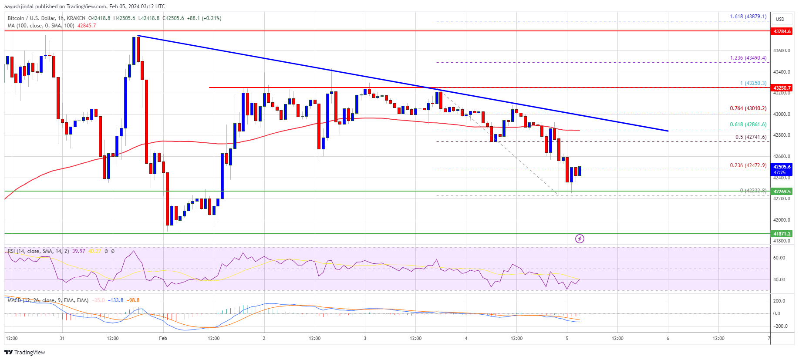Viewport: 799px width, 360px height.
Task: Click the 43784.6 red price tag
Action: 782,31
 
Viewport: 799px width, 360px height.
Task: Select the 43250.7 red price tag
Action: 782,88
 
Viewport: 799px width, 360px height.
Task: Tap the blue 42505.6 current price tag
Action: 782,167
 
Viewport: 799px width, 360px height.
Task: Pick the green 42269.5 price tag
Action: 782,192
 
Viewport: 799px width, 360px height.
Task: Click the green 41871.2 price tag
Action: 782,234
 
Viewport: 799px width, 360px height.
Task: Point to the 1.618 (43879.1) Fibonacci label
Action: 748,17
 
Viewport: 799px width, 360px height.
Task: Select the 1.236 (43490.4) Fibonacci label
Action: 748,58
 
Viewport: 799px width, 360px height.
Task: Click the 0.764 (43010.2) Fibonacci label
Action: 748,108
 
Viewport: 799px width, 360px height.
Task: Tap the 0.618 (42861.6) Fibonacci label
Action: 748,124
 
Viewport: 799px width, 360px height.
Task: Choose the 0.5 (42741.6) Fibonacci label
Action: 751,137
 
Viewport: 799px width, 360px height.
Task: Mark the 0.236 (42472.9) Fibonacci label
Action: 748,165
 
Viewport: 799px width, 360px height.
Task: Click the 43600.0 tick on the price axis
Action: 782,50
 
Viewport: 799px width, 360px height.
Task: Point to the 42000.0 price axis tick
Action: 782,220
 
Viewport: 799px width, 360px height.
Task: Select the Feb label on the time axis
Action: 163,338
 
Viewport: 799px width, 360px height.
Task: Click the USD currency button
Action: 780,19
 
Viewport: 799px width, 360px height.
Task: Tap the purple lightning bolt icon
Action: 580,239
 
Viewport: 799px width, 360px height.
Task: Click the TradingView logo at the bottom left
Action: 25,352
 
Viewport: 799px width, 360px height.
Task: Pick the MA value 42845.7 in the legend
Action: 87,26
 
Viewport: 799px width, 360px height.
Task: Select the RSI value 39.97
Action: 79,251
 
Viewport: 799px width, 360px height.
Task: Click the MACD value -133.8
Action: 116,300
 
